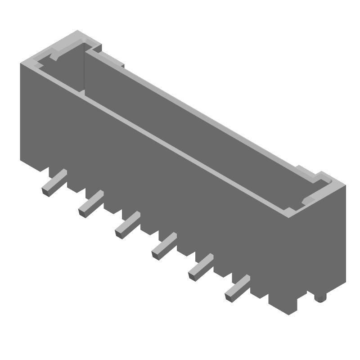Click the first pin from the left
point(54,182)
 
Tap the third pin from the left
point(126,225)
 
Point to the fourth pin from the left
point(163,246)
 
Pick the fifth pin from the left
point(200,267)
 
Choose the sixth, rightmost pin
point(236,288)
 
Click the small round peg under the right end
point(320,298)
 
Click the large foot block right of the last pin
point(283,301)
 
